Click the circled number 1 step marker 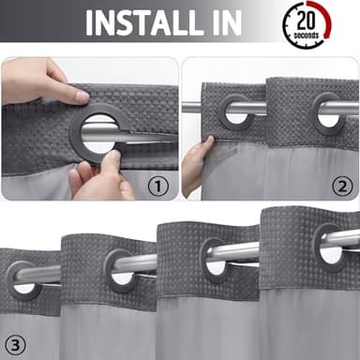coord(158,187)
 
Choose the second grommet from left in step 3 coord(120,266)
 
